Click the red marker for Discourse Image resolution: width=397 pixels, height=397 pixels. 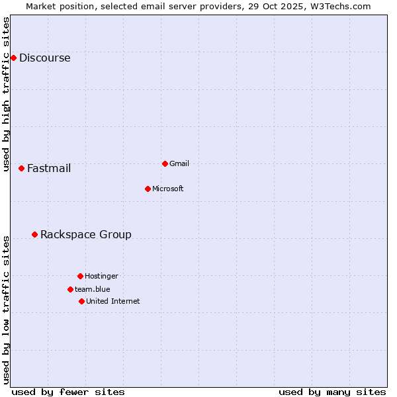tap(13, 58)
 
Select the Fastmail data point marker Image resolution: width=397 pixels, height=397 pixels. tap(21, 168)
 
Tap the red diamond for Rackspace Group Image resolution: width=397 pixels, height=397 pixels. tap(34, 234)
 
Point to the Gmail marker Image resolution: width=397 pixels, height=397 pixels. tap(165, 163)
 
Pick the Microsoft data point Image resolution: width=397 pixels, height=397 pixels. tap(148, 189)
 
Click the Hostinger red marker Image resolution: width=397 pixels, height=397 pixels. tap(80, 276)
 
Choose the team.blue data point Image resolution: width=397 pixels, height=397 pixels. tap(70, 289)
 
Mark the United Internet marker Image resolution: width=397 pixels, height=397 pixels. tap(81, 301)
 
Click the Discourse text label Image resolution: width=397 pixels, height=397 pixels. tap(44, 58)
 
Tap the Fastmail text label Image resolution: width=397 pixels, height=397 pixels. tap(49, 168)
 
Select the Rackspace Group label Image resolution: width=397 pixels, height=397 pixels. tap(86, 234)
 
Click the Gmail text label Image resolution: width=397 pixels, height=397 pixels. tap(179, 163)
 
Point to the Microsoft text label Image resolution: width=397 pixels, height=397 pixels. tap(168, 189)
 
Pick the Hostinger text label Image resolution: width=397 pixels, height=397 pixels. tap(101, 276)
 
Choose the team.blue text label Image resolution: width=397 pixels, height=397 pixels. tap(93, 289)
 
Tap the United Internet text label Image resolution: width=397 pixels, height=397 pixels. tap(113, 301)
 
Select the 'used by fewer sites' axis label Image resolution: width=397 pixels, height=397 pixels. tap(68, 392)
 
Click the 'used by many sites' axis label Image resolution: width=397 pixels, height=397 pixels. tap(332, 392)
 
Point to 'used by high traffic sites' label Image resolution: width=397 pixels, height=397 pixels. tap(6, 94)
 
